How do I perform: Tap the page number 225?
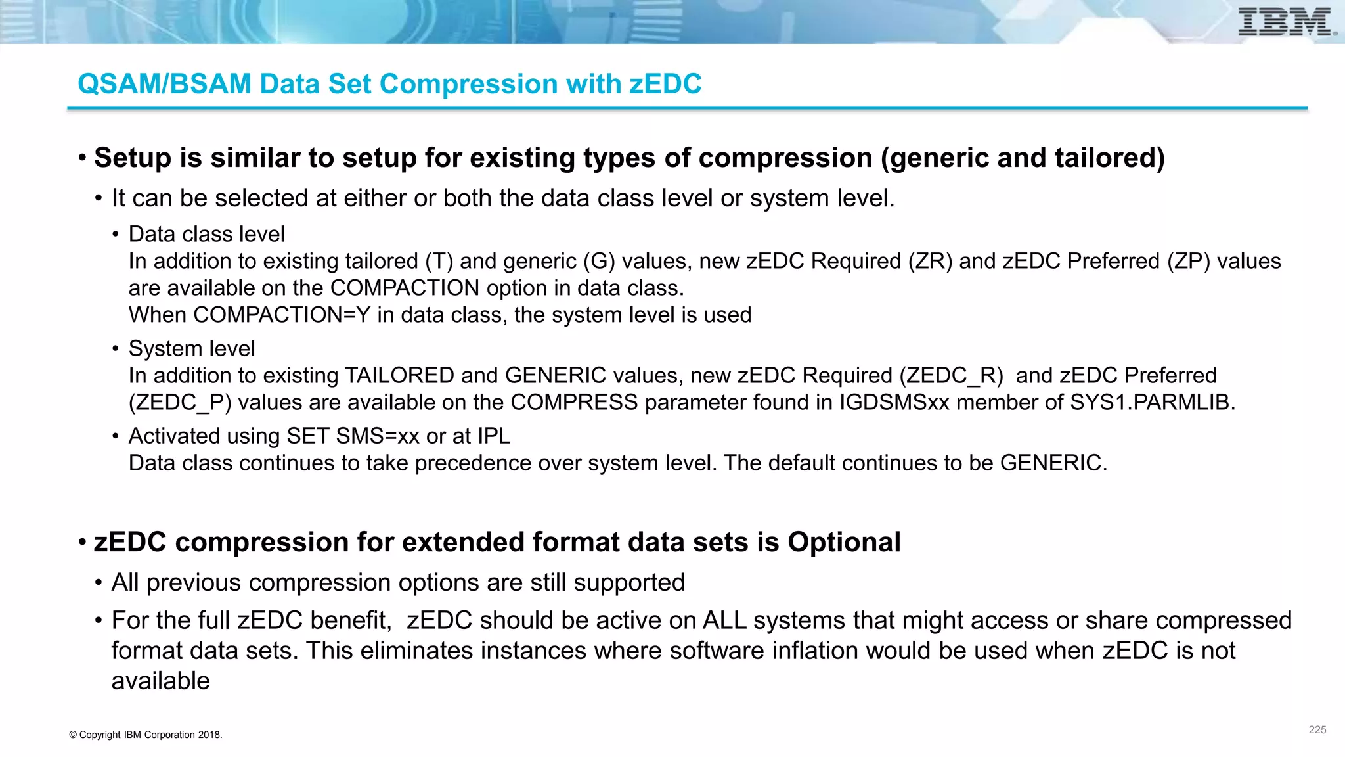click(1317, 729)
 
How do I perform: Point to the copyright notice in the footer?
click(145, 735)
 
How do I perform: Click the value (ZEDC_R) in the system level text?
click(951, 375)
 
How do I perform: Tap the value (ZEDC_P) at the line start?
click(180, 402)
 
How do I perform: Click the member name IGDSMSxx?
click(894, 402)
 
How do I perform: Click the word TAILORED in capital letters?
click(399, 375)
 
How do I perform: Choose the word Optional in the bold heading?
click(844, 542)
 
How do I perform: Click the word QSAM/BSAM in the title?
click(164, 84)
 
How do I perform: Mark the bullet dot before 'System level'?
click(116, 348)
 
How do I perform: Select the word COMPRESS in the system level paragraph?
click(574, 402)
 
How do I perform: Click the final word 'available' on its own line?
click(160, 681)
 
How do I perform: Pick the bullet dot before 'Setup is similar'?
click(82, 158)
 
